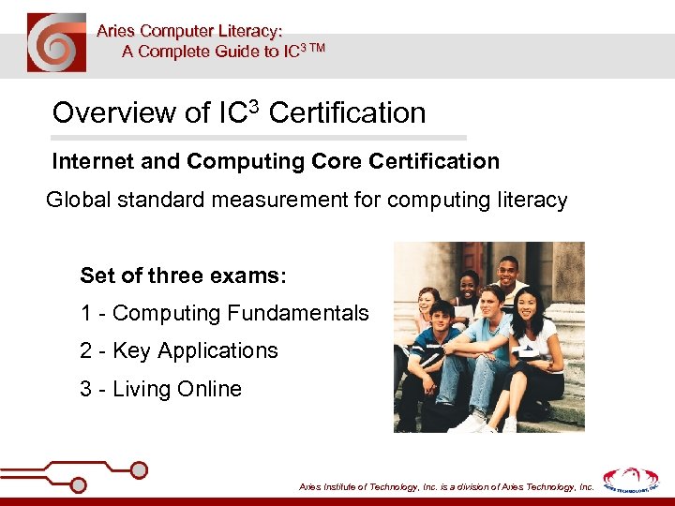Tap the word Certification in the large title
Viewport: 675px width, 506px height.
[x=347, y=113]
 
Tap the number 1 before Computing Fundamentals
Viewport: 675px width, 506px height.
[x=85, y=313]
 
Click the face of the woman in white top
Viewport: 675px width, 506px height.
[x=524, y=305]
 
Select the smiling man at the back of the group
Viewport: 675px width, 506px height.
[x=506, y=274]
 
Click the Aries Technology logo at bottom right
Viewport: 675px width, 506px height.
[x=630, y=480]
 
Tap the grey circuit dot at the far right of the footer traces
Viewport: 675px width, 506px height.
[x=139, y=469]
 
